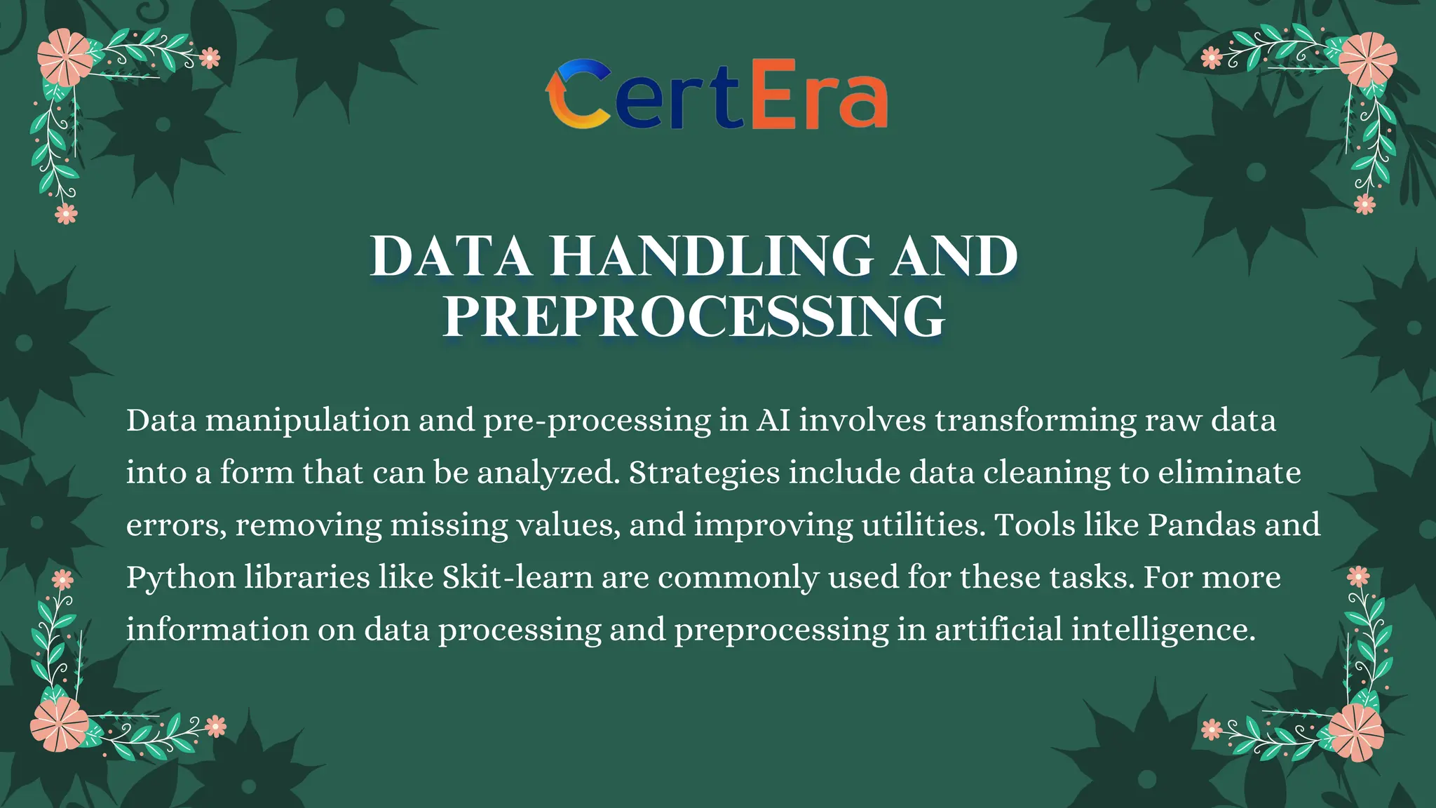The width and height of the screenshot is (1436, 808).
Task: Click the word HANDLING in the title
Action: [712, 256]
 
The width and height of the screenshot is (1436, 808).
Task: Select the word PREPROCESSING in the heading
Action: [694, 317]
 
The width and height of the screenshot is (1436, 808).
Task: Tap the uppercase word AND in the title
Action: [954, 256]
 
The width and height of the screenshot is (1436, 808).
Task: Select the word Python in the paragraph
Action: [181, 578]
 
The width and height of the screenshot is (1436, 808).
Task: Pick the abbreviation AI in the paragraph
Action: [773, 420]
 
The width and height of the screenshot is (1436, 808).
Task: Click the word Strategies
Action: [704, 473]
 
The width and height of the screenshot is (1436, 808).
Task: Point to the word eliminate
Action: [1229, 472]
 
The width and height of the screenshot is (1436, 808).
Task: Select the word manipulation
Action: [308, 421]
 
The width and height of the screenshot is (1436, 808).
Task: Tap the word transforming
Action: [1035, 421]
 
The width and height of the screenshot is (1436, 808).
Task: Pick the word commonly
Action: [738, 578]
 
